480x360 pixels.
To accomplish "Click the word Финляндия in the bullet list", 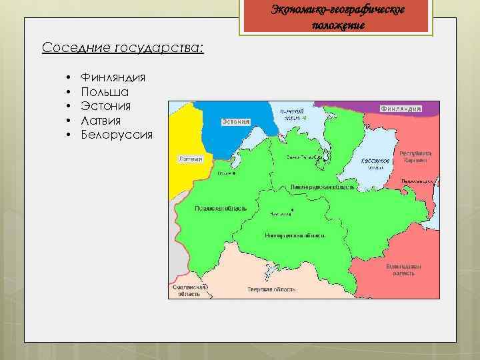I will pyautogui.click(x=113, y=77).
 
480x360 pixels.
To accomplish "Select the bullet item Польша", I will pyautogui.click(x=105, y=91).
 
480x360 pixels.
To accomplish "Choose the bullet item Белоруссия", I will pyautogui.click(x=116, y=135).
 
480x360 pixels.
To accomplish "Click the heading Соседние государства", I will pyautogui.click(x=123, y=48).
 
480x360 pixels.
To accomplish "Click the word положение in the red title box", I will pyautogui.click(x=337, y=25).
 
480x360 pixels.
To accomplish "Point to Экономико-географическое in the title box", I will pyautogui.click(x=337, y=10).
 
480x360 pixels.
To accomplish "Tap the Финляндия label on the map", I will pyautogui.click(x=401, y=108).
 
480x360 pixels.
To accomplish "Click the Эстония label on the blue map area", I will pyautogui.click(x=235, y=122).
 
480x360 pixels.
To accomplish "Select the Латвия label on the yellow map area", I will pyautogui.click(x=190, y=159).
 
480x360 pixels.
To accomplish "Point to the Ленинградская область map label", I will pyautogui.click(x=322, y=189).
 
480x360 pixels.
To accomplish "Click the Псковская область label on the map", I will pyautogui.click(x=221, y=208).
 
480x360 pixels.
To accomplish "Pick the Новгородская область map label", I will pyautogui.click(x=295, y=235).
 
